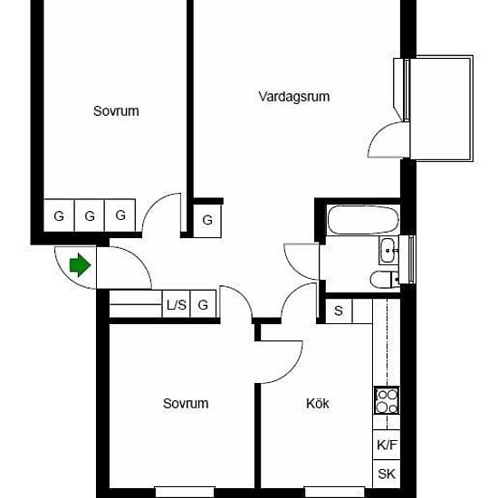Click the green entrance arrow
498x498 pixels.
click(x=80, y=265)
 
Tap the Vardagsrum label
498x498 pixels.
click(x=294, y=97)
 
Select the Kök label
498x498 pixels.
click(x=317, y=403)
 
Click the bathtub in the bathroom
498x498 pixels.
click(x=363, y=220)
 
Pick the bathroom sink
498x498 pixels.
click(x=388, y=251)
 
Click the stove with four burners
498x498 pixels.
click(x=387, y=400)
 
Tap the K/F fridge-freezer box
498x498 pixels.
click(x=387, y=445)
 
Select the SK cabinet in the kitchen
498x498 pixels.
click(x=387, y=474)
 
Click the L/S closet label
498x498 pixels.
click(x=177, y=305)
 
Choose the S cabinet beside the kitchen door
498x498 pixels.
click(x=339, y=311)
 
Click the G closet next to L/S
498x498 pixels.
click(x=203, y=304)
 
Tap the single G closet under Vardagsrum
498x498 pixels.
click(x=207, y=220)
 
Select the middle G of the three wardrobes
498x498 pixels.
click(x=90, y=215)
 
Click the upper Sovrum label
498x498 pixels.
click(x=116, y=111)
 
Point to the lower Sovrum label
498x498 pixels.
click(x=186, y=403)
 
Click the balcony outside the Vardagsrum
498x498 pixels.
click(x=441, y=109)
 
